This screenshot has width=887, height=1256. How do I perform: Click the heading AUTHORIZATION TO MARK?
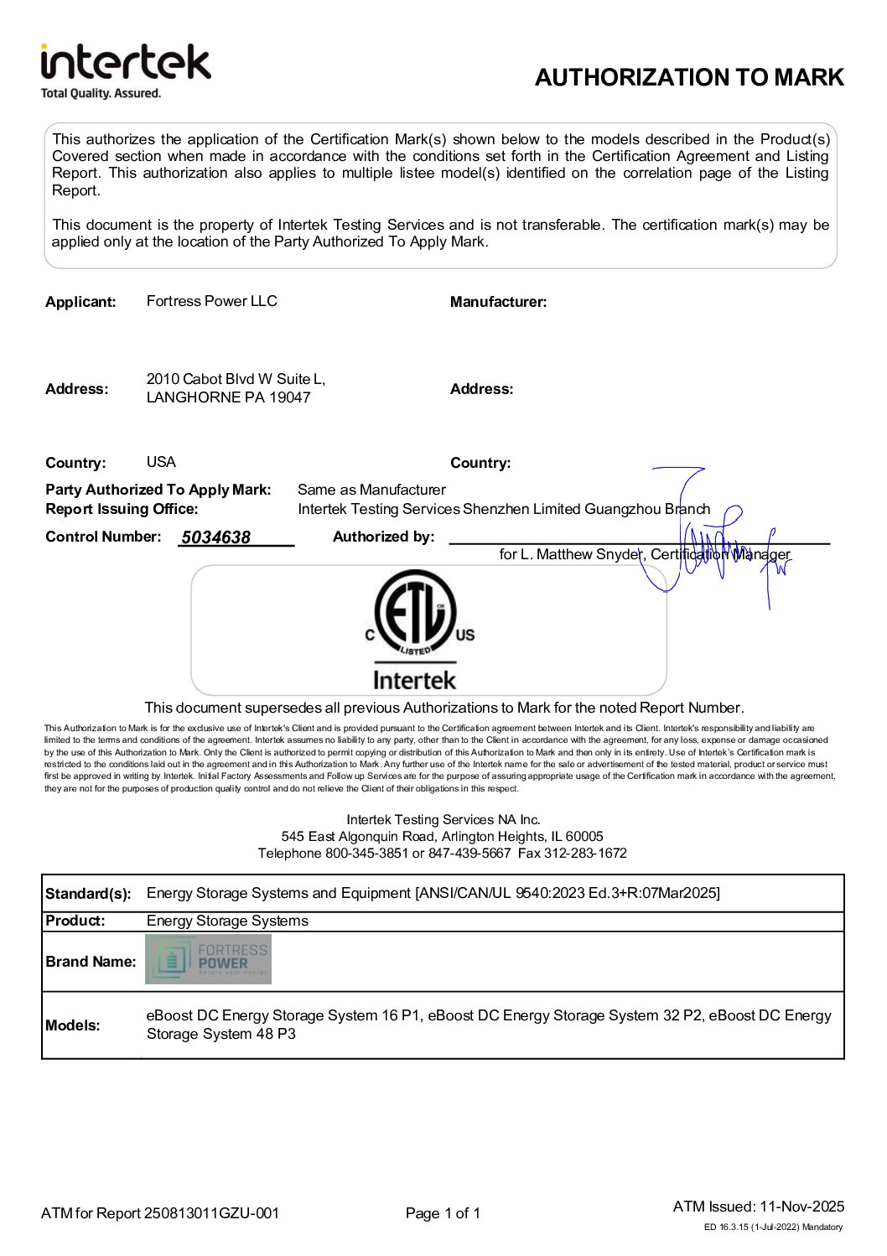(689, 78)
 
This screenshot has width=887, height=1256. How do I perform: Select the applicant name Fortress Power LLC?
(211, 301)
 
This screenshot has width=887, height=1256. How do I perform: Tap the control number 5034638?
(215, 537)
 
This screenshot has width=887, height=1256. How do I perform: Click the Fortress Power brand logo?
(208, 959)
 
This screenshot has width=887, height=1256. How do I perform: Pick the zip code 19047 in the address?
(289, 397)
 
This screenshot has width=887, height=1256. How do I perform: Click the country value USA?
(161, 462)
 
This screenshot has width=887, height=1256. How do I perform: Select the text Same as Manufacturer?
(371, 490)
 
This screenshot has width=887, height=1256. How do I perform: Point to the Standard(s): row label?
(88, 894)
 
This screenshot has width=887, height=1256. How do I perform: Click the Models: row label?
(73, 1025)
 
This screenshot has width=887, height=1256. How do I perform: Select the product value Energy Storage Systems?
(227, 921)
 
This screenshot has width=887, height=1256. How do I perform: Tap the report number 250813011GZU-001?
(211, 1213)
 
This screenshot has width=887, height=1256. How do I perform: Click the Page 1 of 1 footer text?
(443, 1213)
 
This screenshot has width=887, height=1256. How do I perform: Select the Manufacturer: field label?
(498, 302)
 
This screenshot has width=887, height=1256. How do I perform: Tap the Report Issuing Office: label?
(122, 509)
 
